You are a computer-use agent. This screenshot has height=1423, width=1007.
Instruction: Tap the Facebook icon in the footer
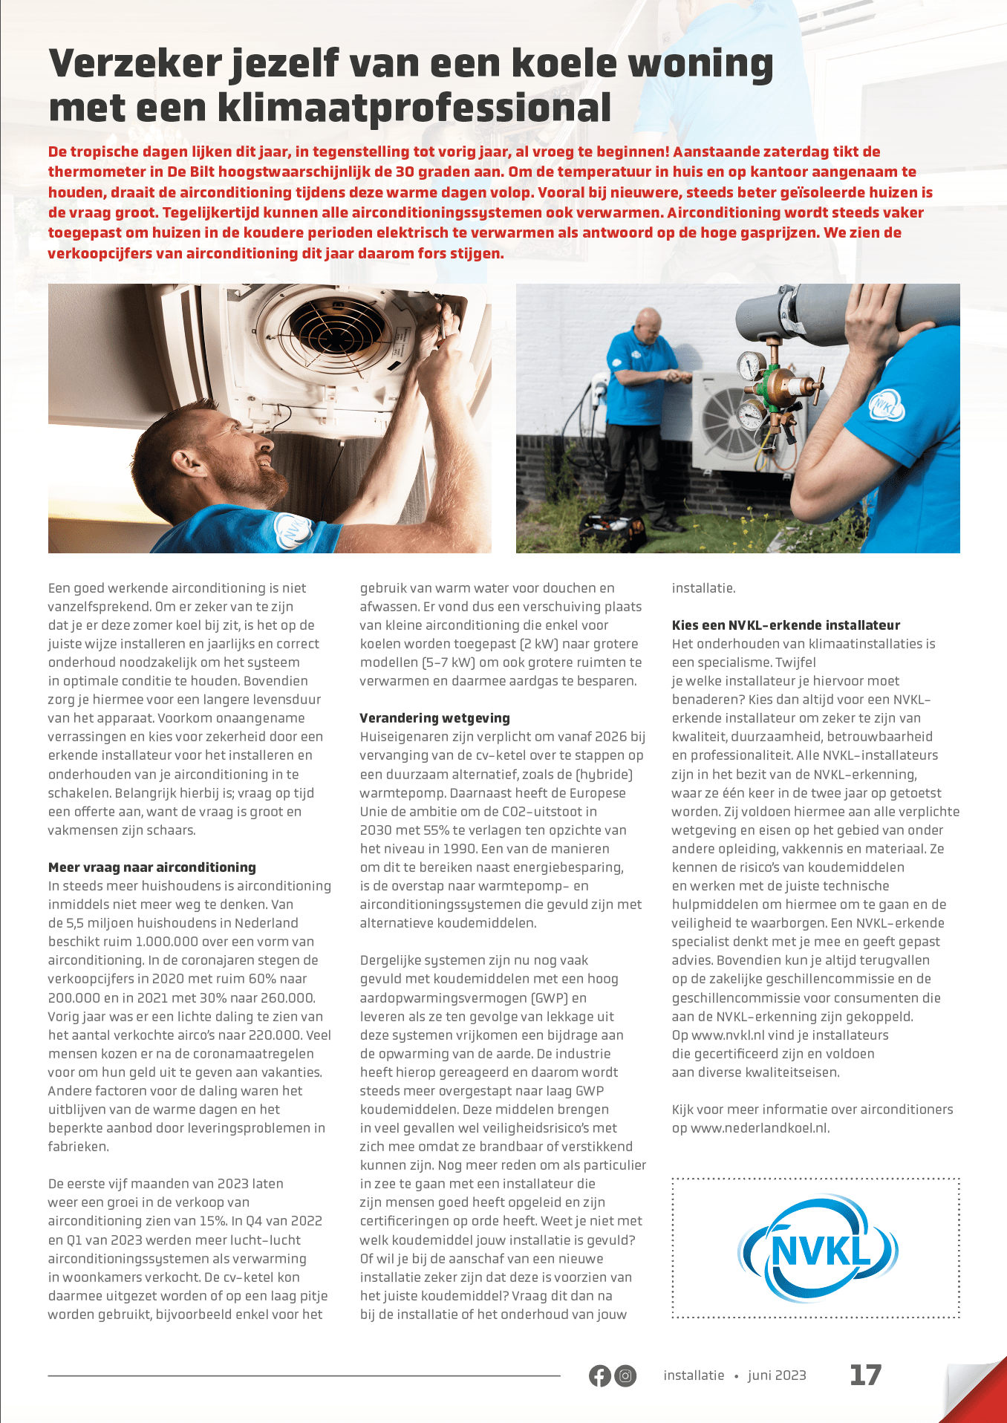point(599,1375)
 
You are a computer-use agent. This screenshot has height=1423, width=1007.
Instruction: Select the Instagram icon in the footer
point(626,1375)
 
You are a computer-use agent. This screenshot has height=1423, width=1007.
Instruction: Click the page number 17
point(865,1375)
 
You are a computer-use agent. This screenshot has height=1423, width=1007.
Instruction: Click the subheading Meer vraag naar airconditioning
point(151,867)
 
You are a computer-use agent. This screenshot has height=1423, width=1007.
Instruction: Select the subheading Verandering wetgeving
point(434,717)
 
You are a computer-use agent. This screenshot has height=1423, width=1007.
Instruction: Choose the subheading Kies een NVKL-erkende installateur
point(786,625)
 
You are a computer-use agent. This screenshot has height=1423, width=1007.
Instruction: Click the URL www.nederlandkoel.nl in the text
point(759,1128)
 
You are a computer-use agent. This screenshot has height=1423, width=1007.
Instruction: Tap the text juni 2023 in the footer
point(777,1375)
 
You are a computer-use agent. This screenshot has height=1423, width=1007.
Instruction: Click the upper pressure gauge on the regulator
point(752,365)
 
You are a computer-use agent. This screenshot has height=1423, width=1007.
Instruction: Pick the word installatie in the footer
point(694,1375)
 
